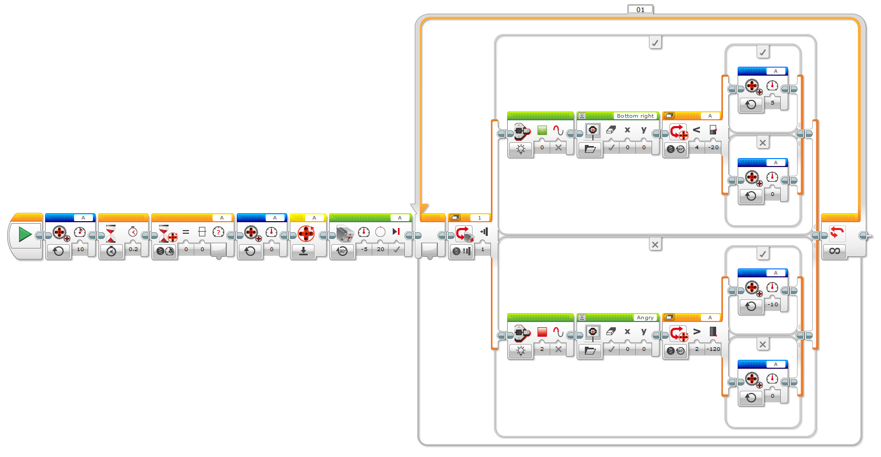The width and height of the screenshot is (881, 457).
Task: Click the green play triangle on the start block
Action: (25, 234)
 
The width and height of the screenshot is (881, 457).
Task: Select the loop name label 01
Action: (641, 9)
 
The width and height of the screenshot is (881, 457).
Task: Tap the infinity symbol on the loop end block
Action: (834, 251)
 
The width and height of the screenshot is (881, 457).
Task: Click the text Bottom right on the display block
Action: (635, 116)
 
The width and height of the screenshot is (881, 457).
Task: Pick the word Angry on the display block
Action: (645, 317)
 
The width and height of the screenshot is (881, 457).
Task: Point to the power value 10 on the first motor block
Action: (80, 249)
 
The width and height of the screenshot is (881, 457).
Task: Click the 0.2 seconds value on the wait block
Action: (133, 249)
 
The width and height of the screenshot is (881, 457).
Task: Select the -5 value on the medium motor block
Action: (364, 249)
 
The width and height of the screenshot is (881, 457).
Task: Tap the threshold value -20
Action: (713, 147)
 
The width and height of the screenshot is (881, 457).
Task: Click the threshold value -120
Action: (713, 349)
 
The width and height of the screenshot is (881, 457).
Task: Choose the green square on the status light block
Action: (542, 130)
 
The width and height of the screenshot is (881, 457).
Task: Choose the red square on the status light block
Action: (542, 332)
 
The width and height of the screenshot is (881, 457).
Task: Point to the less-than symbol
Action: (697, 130)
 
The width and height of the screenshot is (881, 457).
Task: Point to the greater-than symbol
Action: (697, 331)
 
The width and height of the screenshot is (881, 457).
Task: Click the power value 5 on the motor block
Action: (772, 102)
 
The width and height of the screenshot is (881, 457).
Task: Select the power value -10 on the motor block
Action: (773, 304)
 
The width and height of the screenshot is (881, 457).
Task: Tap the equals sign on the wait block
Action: (186, 232)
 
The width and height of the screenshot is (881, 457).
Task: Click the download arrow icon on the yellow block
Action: (303, 252)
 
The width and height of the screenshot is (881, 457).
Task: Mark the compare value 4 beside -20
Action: (697, 147)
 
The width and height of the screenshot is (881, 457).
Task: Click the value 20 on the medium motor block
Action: (381, 249)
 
